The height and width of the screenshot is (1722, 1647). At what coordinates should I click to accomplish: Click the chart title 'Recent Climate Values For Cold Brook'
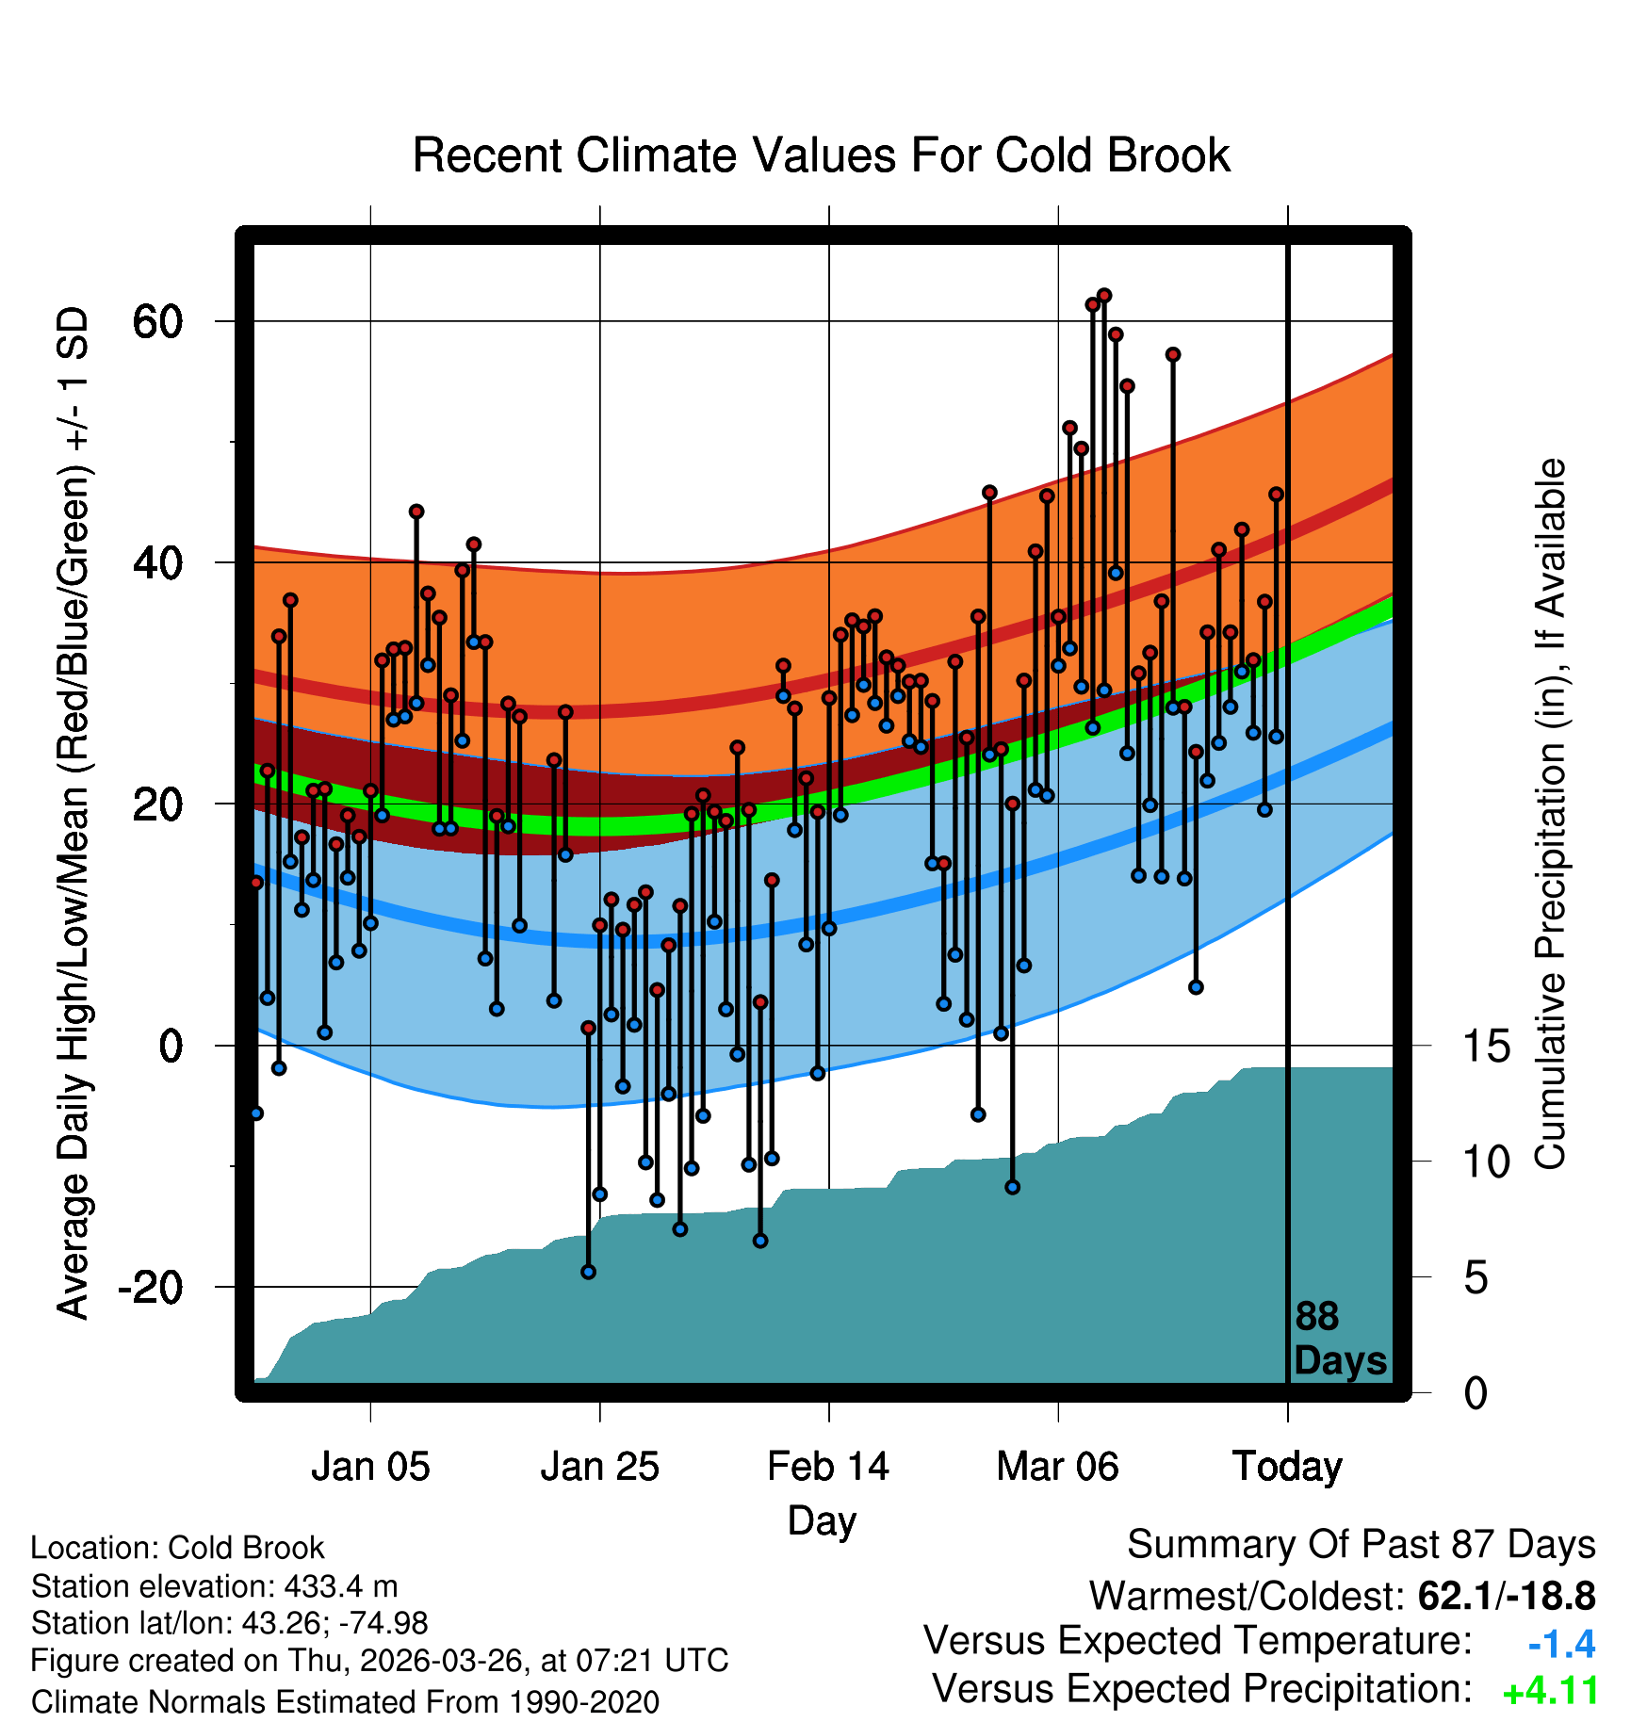tap(821, 155)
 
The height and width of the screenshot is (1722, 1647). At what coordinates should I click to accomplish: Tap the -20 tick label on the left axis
tap(150, 1287)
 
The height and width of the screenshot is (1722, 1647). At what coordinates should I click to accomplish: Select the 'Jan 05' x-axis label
tap(370, 1467)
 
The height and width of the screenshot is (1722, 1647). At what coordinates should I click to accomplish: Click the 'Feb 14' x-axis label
tap(828, 1467)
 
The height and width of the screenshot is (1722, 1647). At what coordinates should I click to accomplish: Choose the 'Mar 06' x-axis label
tap(1057, 1467)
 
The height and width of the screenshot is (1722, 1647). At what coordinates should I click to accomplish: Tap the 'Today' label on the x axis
tap(1287, 1467)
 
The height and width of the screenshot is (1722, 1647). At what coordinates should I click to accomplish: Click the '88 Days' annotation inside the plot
tap(1340, 1339)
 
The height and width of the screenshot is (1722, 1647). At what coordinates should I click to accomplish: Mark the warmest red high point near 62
tap(1104, 296)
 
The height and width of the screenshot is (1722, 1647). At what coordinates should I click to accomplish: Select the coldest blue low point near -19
tap(588, 1272)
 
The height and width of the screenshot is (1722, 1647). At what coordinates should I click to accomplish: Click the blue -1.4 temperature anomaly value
tap(1561, 1644)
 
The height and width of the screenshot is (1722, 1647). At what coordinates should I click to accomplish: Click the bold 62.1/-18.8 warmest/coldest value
tap(1507, 1596)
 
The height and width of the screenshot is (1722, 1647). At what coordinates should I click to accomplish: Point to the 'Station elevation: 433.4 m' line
tap(215, 1586)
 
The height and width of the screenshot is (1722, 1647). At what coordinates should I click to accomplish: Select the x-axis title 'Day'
tap(822, 1520)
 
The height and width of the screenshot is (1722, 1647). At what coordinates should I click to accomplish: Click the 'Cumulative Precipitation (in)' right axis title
tap(1550, 814)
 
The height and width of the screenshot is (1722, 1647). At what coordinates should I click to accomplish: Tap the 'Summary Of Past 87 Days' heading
tap(1362, 1545)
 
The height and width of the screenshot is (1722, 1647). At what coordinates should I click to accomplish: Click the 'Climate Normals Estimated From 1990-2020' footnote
tap(345, 1702)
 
